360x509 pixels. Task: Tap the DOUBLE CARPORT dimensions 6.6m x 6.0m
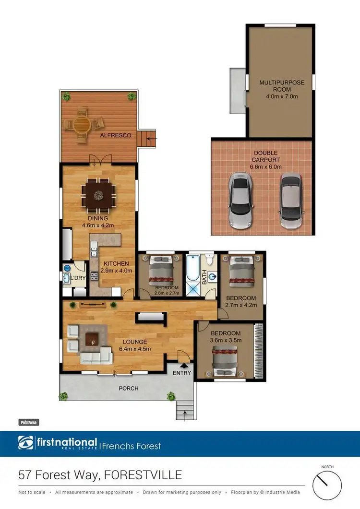265,167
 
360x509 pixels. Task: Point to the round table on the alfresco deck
82,125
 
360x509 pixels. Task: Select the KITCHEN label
116,263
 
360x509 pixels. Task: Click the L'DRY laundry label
78,279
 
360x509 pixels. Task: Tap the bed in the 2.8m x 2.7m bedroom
160,271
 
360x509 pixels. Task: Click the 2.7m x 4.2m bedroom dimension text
241,305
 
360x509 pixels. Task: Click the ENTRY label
182,373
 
